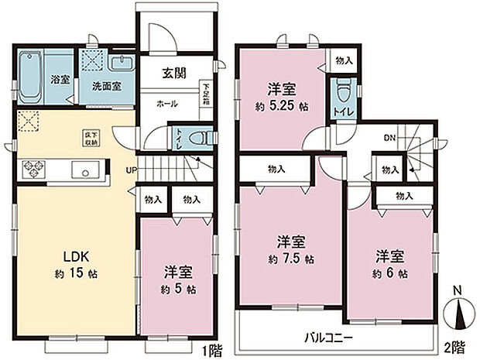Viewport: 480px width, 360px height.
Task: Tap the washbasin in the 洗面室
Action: pos(122,65)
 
